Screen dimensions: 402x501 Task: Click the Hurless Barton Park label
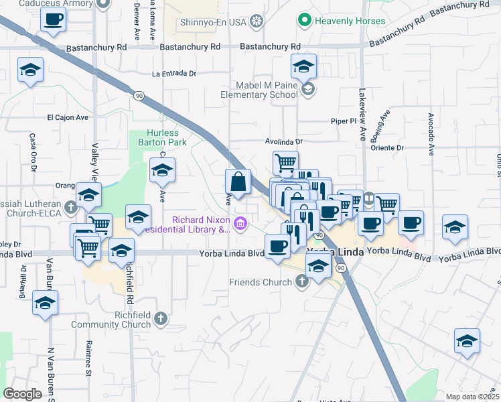158,137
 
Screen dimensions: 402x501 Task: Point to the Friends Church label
260,282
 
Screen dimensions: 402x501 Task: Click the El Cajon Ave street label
68,117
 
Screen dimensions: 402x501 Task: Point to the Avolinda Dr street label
284,142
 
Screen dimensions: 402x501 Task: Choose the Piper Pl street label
344,121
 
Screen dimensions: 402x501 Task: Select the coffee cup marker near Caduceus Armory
54,19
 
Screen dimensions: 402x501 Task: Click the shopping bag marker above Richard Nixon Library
238,182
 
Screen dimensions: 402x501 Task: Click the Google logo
22,394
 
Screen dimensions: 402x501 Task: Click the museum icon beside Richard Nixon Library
240,223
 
